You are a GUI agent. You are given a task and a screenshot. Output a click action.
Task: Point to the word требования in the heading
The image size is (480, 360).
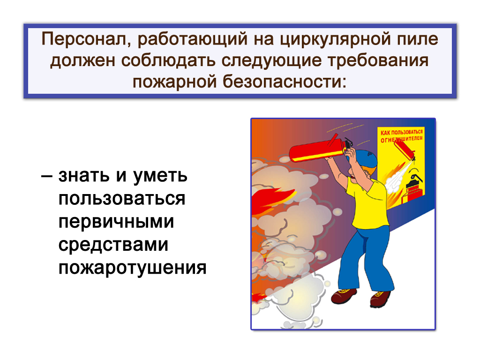coord(378,60)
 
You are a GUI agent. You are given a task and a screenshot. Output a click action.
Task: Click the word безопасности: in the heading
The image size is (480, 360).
coord(285,82)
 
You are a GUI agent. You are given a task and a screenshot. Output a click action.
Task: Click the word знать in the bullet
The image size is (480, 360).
coord(83,176)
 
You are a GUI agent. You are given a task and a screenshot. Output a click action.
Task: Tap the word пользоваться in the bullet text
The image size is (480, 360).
coord(122,199)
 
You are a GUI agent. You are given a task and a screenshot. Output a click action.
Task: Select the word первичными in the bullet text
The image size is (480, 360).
coord(116,222)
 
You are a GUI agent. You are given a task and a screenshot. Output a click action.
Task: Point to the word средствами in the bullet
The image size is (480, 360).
coord(113,245)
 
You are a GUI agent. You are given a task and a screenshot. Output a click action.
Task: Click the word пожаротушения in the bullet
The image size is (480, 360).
coord(132,268)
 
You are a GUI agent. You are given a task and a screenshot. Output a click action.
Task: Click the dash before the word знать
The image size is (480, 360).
coord(46,176)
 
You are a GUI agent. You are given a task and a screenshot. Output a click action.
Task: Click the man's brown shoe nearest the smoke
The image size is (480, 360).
coord(344,296)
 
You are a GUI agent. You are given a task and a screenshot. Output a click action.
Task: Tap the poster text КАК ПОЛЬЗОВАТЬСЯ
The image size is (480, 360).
coord(401,132)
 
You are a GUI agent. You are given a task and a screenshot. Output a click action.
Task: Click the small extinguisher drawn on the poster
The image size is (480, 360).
coord(405,149)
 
